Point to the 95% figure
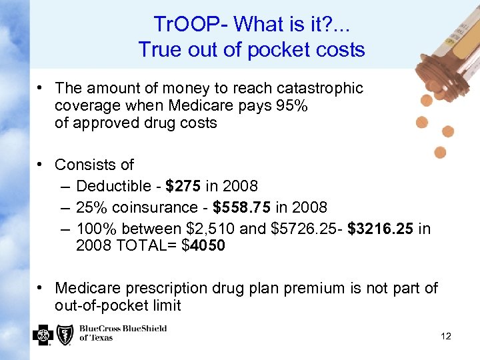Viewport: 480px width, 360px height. pos(292,105)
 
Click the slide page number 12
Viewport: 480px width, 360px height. pos(446,336)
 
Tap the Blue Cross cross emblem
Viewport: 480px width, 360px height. pos(43,335)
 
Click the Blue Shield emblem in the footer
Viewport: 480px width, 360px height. pos(65,335)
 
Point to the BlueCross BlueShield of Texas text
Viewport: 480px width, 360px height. pos(123,333)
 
